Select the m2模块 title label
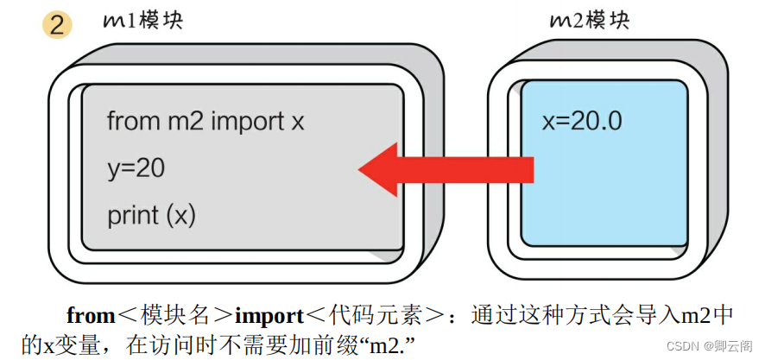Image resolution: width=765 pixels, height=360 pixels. (x=589, y=21)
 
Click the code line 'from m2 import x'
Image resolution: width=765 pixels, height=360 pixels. (x=205, y=122)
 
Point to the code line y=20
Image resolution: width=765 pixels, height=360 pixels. (x=136, y=168)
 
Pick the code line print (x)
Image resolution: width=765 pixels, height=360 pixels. (x=152, y=215)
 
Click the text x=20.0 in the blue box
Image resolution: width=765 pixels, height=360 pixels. (x=582, y=121)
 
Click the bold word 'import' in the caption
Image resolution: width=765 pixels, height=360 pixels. (x=269, y=315)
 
